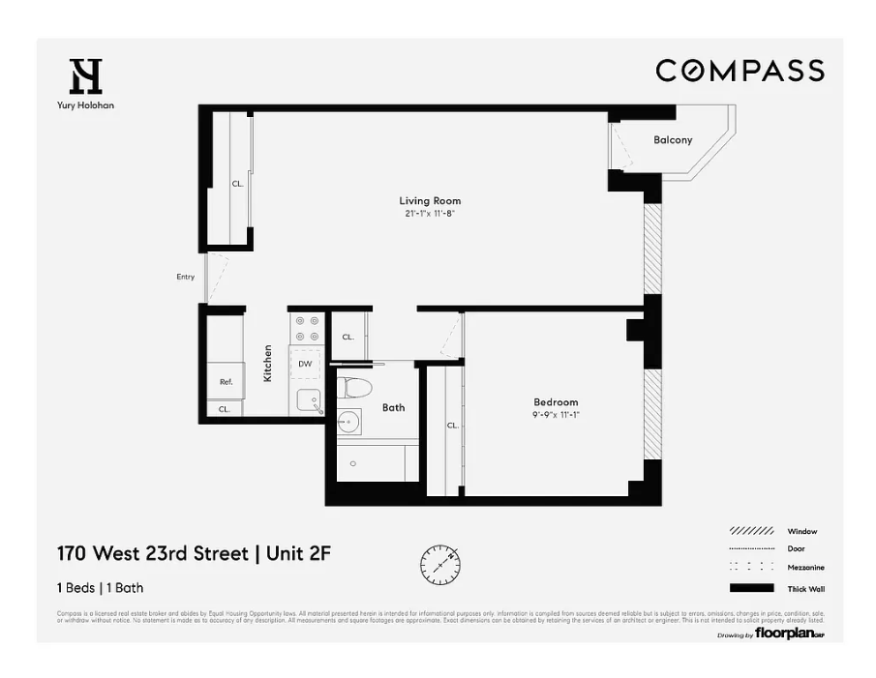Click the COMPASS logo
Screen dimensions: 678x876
click(740, 71)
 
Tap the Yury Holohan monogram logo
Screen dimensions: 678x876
click(85, 76)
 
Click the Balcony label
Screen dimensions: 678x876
click(673, 140)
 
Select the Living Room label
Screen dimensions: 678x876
click(423, 201)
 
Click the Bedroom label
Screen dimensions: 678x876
click(556, 402)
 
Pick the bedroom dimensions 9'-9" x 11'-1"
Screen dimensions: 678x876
click(556, 415)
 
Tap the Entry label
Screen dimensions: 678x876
click(185, 277)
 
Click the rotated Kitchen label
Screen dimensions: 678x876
click(268, 364)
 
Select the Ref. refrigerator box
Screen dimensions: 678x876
click(226, 381)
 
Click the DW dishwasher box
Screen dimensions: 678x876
click(305, 365)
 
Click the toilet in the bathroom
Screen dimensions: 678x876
click(355, 389)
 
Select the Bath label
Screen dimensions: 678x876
click(393, 407)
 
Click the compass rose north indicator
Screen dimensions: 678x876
click(440, 561)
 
